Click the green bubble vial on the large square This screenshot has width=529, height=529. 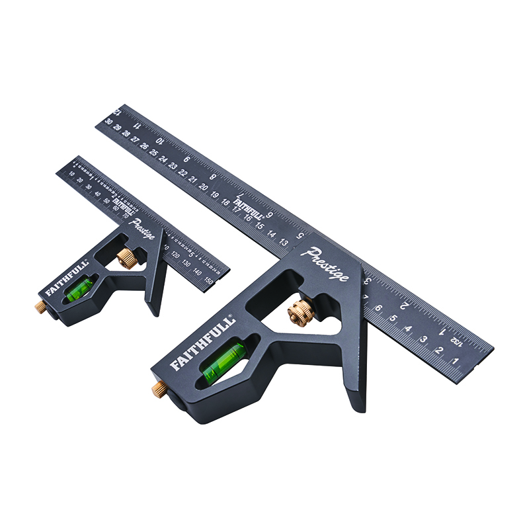[x=220, y=363]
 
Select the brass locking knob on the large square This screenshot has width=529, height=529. [x=302, y=311]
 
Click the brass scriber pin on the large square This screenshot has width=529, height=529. [x=159, y=388]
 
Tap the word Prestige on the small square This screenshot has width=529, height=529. [x=143, y=229]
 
